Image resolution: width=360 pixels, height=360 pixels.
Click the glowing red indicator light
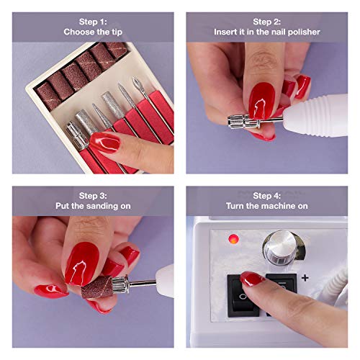pyautogui.click(x=233, y=238)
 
